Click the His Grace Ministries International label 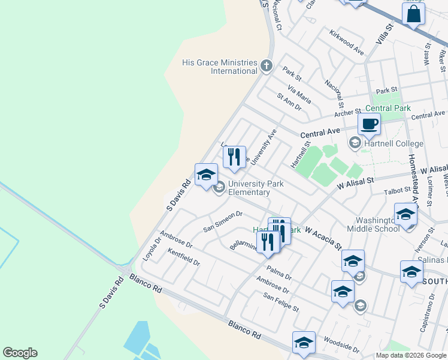click(x=220, y=67)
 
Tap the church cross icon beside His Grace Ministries click(x=267, y=65)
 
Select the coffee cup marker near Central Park click(x=369, y=124)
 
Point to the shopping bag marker click(x=414, y=13)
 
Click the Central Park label click(x=388, y=109)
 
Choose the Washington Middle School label click(x=374, y=224)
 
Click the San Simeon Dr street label click(x=222, y=221)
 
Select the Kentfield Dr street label click(x=183, y=257)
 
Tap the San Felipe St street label click(x=281, y=302)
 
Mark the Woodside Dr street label click(x=341, y=344)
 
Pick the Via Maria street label click(x=299, y=94)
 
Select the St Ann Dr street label click(x=289, y=103)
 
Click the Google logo click(x=20, y=353)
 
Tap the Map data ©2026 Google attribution click(x=410, y=355)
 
